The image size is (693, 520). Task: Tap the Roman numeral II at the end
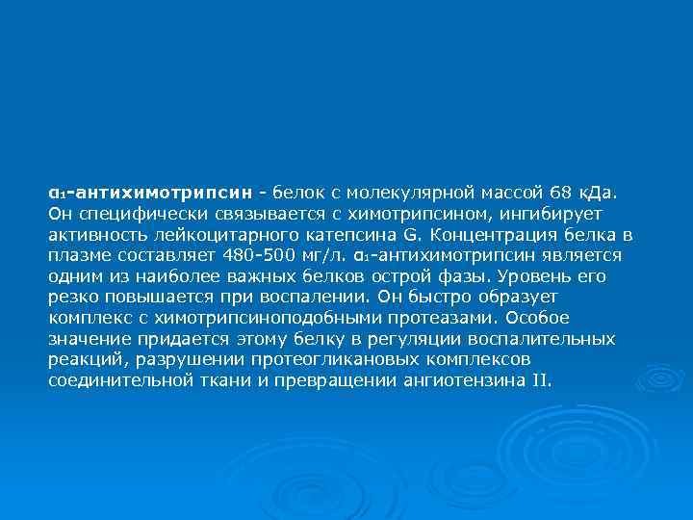(540, 380)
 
